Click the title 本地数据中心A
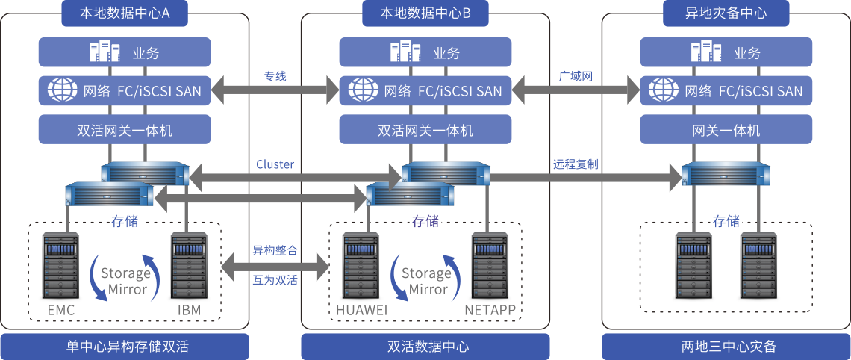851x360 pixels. click(124, 13)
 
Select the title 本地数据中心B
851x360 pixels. click(424, 13)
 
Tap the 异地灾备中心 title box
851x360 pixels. click(726, 13)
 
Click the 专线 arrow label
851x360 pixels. click(275, 76)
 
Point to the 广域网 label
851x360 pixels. click(576, 76)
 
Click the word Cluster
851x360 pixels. click(275, 164)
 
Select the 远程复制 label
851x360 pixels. click(576, 164)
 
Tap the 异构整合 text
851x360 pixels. click(275, 250)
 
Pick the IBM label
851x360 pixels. click(189, 310)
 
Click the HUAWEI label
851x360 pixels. click(361, 310)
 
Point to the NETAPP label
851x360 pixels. click(490, 310)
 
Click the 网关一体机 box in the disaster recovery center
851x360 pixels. click(726, 131)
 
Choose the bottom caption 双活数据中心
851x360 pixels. click(425, 347)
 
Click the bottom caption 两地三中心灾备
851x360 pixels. click(726, 347)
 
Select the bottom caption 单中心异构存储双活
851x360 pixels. click(124, 347)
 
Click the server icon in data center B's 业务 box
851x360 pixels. click(405, 52)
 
